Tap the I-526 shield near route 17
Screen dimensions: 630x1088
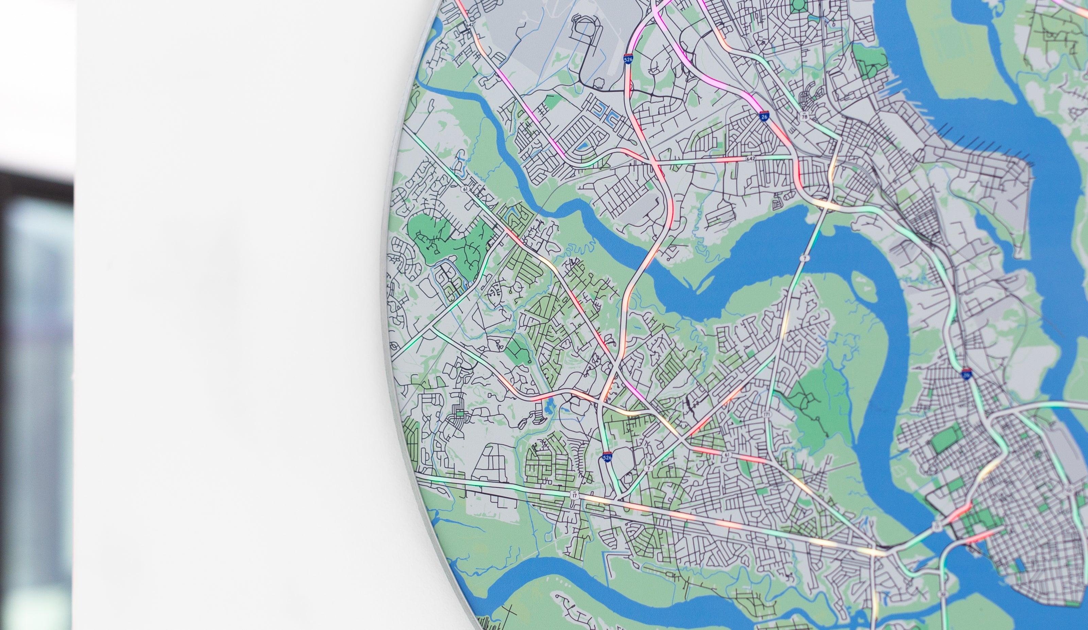[607, 457]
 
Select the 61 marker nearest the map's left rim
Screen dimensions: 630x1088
[464, 189]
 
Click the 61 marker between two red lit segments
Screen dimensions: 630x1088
[728, 455]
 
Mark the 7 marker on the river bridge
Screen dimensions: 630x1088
[804, 258]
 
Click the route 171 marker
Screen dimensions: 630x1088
[766, 414]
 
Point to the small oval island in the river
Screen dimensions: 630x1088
[861, 281]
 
